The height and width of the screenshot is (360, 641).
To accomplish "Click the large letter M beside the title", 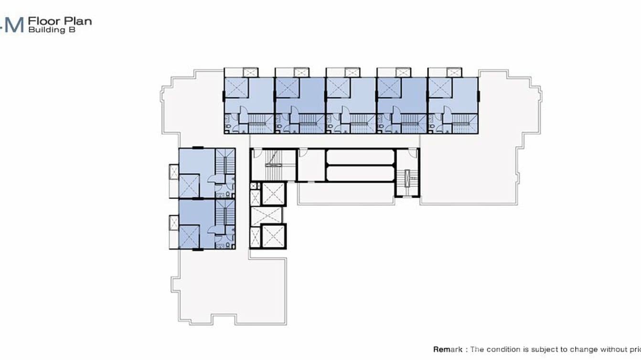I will click(x=14, y=25).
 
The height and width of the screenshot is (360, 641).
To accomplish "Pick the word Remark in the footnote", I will click(x=448, y=349).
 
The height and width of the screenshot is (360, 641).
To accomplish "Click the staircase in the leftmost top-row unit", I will click(x=261, y=123).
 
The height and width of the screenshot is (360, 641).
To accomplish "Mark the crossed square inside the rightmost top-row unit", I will click(x=440, y=87).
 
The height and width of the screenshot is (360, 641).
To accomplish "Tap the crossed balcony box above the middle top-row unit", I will click(x=352, y=72).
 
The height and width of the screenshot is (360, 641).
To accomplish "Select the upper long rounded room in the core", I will click(x=360, y=157).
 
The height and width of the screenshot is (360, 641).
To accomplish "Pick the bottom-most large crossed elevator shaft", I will click(x=273, y=236).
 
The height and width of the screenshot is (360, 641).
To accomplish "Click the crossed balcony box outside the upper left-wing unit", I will click(x=173, y=170).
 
